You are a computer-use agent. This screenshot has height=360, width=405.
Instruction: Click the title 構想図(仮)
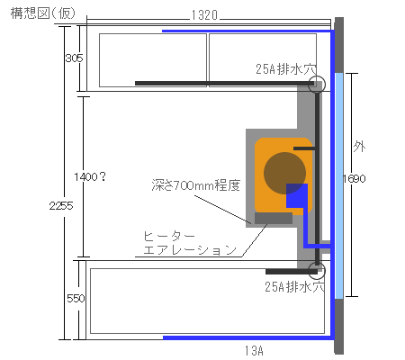tap(42, 13)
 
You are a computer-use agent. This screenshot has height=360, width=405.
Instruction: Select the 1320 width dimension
tap(204, 15)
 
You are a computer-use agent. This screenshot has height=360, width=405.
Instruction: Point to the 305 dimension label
tap(74, 58)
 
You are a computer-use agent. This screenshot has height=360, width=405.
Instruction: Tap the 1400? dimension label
tap(90, 177)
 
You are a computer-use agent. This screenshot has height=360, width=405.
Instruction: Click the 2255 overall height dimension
tap(61, 206)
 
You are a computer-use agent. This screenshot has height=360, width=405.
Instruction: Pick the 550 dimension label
tap(76, 299)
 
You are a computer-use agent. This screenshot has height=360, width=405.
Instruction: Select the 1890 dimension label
tap(355, 179)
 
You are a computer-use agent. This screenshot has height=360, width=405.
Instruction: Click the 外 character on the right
tap(359, 147)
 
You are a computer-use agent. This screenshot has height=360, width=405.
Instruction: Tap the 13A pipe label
tap(254, 350)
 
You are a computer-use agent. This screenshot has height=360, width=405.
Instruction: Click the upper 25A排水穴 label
tap(286, 69)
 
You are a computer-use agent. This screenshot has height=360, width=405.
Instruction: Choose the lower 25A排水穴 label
tap(295, 287)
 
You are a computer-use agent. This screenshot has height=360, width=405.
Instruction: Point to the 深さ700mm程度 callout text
tap(196, 185)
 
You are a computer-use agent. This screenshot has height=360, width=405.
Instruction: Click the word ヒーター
tap(169, 237)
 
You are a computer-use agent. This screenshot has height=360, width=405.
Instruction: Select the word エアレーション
tap(190, 249)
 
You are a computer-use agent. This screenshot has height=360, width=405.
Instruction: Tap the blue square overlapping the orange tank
tap(297, 196)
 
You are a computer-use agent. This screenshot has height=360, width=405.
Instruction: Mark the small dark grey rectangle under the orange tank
tap(274, 218)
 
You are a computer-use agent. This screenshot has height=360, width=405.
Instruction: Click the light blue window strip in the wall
tap(339, 186)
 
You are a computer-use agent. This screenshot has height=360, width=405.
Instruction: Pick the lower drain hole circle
tap(317, 262)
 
